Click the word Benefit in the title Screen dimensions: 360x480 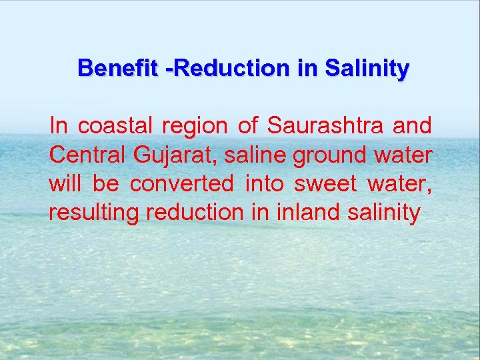pos(116,68)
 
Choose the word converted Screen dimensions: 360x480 pos(182,183)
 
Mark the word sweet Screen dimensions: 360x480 pos(325,183)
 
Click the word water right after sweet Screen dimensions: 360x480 pos(403,184)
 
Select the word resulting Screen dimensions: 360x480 pos(94,213)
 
